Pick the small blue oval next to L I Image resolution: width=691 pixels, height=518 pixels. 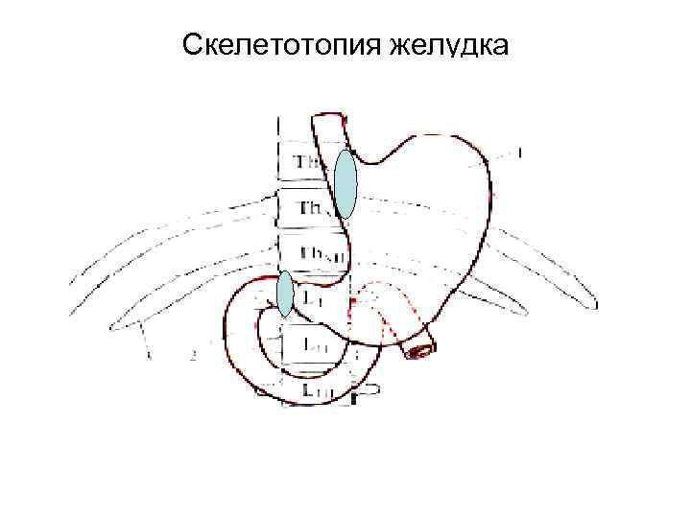[285, 294]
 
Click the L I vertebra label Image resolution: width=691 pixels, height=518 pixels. [312, 299]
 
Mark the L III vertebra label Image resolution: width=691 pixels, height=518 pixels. [317, 389]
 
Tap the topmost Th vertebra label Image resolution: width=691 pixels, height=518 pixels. [309, 163]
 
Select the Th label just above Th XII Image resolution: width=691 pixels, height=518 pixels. [313, 208]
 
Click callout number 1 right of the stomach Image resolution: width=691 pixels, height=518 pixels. [519, 153]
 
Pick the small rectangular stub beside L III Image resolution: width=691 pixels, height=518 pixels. [369, 391]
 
